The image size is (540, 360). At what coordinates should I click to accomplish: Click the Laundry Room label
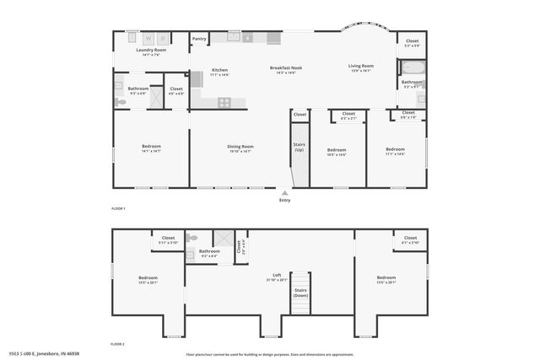(150, 50)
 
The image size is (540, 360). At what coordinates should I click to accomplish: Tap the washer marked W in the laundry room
(147, 38)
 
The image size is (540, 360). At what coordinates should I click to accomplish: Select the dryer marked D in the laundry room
(161, 38)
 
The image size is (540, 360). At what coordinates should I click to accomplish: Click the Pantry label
(199, 39)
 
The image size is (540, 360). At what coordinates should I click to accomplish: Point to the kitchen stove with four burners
(224, 102)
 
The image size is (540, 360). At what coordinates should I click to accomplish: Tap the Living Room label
(361, 66)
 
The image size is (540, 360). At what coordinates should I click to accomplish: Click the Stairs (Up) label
(299, 147)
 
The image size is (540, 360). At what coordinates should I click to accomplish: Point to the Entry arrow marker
(284, 193)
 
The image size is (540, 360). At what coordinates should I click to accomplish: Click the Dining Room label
(240, 147)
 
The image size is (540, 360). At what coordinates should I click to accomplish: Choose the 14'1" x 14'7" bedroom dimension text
(150, 152)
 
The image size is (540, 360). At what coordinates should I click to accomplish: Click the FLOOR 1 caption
(118, 208)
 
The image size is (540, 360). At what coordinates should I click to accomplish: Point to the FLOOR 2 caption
(118, 345)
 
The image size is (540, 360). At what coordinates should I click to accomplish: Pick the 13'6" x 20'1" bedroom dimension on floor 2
(386, 282)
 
